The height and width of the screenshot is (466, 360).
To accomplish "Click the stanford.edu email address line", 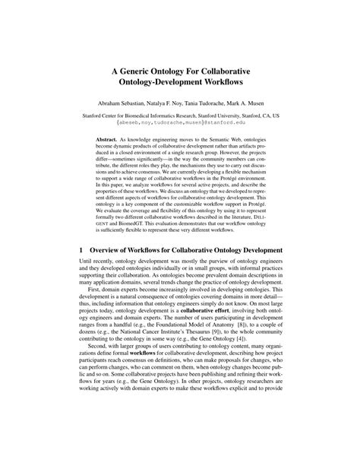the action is [179, 121].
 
